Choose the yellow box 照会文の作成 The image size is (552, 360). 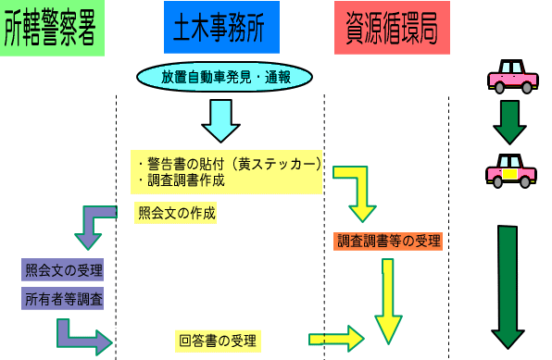(x=176, y=213)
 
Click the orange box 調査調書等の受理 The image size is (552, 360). (x=388, y=242)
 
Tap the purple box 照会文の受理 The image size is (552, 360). (x=63, y=270)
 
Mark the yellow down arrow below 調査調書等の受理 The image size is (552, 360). (x=389, y=300)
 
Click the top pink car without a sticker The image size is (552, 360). (x=512, y=75)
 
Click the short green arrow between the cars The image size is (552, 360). (x=508, y=122)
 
